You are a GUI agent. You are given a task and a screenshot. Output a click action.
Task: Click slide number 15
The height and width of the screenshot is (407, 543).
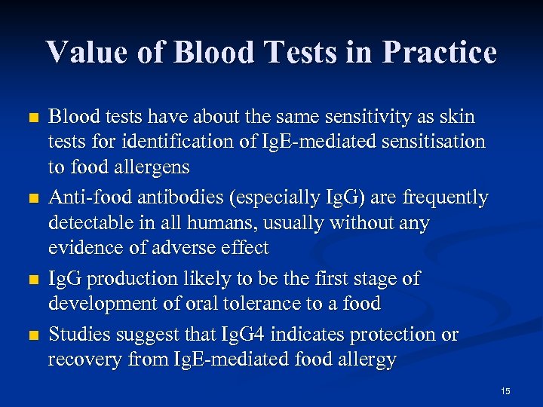point(505,390)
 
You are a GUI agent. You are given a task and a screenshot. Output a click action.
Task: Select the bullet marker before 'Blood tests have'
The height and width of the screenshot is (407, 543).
point(31,118)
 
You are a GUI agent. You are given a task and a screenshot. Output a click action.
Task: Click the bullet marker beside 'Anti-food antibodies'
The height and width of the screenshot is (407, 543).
point(31,199)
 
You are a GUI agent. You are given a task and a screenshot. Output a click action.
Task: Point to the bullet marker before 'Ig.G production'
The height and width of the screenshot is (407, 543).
point(31,280)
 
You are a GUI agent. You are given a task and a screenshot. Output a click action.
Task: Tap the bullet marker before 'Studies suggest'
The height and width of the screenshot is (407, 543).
point(31,335)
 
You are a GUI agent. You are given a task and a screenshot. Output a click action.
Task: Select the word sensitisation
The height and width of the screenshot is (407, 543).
point(431,141)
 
